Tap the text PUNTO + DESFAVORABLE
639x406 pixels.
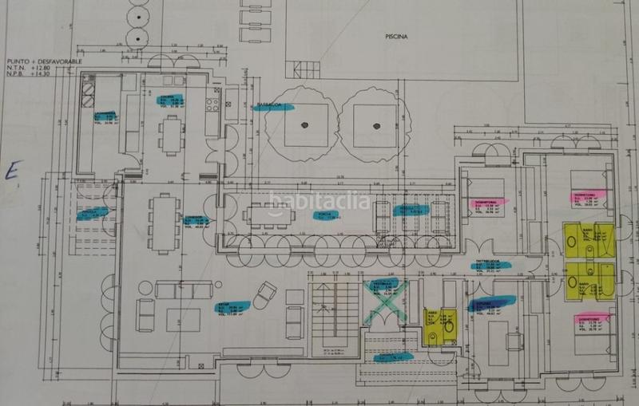[43, 60]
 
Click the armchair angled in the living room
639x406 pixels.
[263, 297]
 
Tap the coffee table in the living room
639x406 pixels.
[182, 319]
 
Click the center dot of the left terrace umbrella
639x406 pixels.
[304, 124]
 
